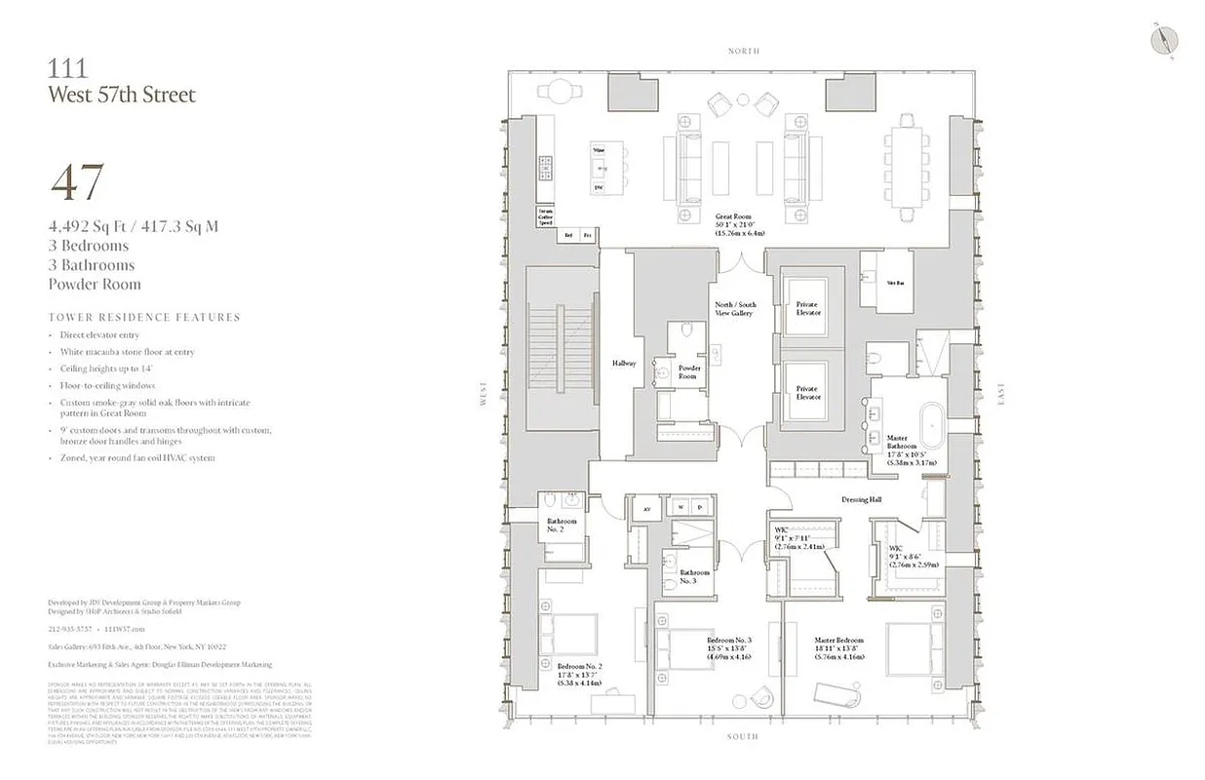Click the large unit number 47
[77, 184]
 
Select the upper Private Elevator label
[808, 308]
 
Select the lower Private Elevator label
[808, 393]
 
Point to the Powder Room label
[688, 372]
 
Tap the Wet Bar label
[893, 284]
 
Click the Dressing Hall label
[861, 500]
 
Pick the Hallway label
[624, 364]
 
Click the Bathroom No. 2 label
[562, 526]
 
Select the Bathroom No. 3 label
[695, 576]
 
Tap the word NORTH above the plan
[743, 51]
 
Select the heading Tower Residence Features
[143, 317]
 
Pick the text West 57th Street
[122, 95]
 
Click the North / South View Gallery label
[735, 309]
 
